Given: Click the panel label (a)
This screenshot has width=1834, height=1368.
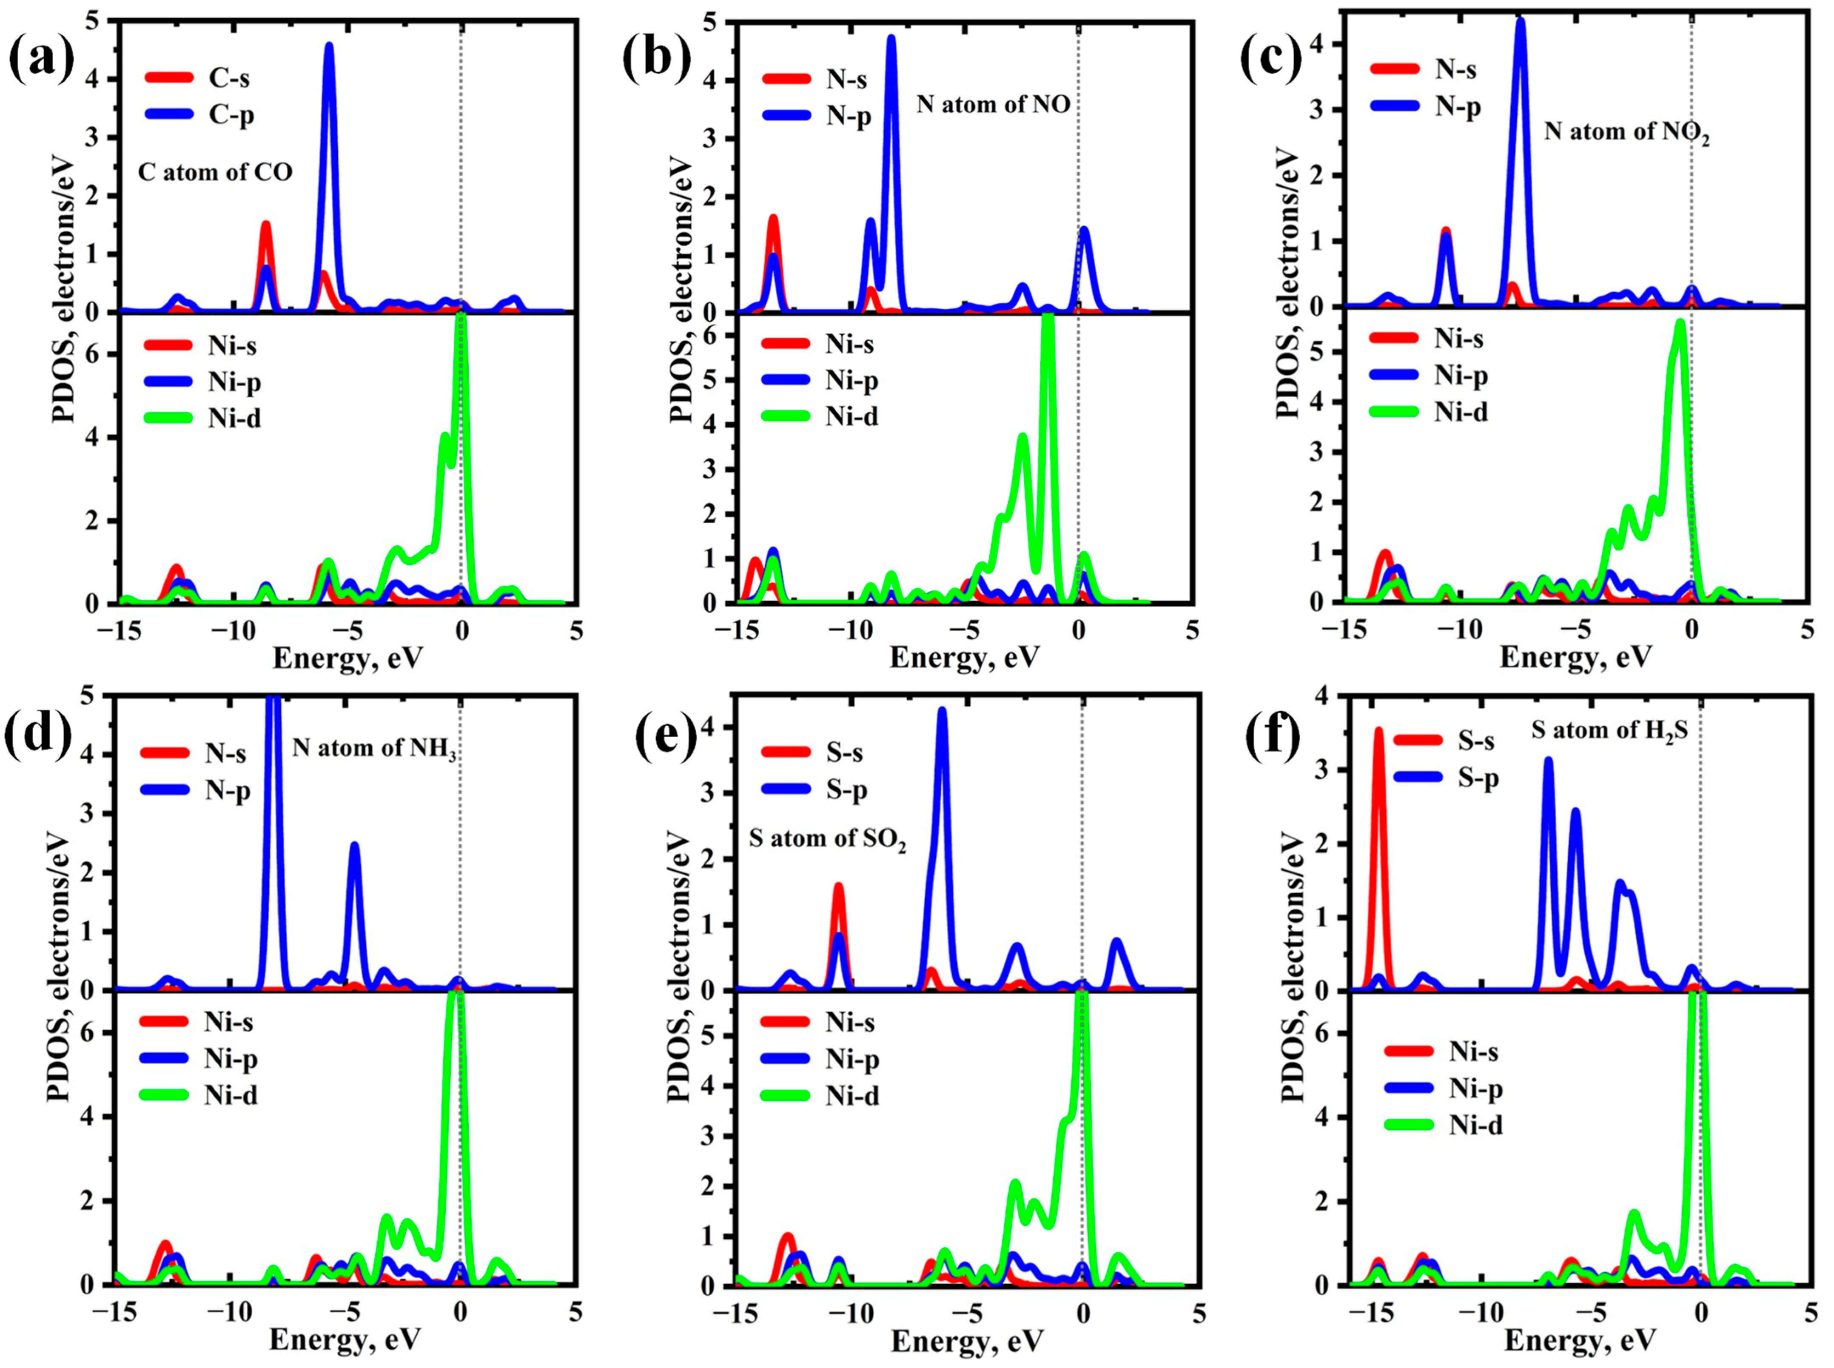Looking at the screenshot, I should click(41, 60).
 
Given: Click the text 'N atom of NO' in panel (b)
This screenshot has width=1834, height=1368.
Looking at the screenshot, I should click(993, 104).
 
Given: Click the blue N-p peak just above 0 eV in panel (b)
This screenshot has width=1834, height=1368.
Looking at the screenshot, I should click(1084, 232).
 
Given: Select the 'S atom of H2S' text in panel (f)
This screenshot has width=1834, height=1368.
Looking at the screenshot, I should click(1609, 730).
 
